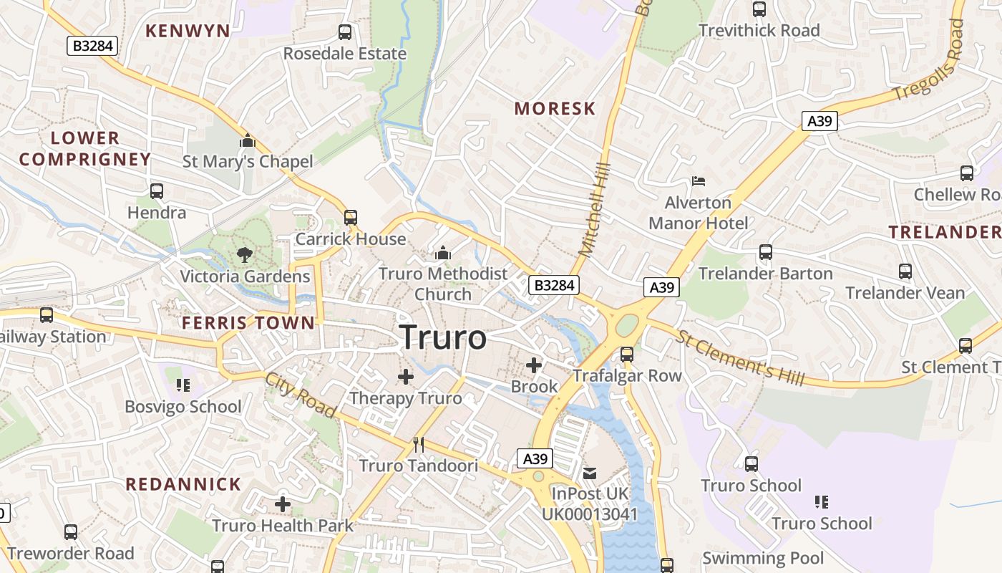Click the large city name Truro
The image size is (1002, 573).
pyautogui.click(x=443, y=337)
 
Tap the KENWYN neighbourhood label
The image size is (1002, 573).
pyautogui.click(x=188, y=31)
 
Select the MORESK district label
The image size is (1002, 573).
pyautogui.click(x=555, y=109)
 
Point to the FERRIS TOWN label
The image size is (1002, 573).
pyautogui.click(x=248, y=323)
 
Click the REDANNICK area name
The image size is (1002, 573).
pyautogui.click(x=184, y=484)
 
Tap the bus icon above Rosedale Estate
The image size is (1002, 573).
pyautogui.click(x=345, y=32)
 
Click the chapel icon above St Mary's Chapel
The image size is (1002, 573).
pyautogui.click(x=248, y=140)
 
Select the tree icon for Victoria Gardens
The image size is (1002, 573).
pyautogui.click(x=245, y=254)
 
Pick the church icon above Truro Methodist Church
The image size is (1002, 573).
pyautogui.click(x=443, y=253)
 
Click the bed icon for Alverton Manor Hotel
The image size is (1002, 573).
pyautogui.click(x=699, y=180)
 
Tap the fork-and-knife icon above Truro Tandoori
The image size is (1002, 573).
pyautogui.click(x=419, y=445)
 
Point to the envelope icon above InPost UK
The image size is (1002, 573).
pyautogui.click(x=590, y=473)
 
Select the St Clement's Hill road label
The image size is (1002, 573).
pyautogui.click(x=740, y=358)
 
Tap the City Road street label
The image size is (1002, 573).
pyautogui.click(x=301, y=395)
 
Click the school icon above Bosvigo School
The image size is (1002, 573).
pyautogui.click(x=183, y=385)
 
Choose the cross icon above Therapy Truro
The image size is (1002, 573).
pyautogui.click(x=406, y=376)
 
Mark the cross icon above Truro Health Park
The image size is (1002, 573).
pyautogui.click(x=283, y=504)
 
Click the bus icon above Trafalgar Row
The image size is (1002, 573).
pyautogui.click(x=627, y=354)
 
